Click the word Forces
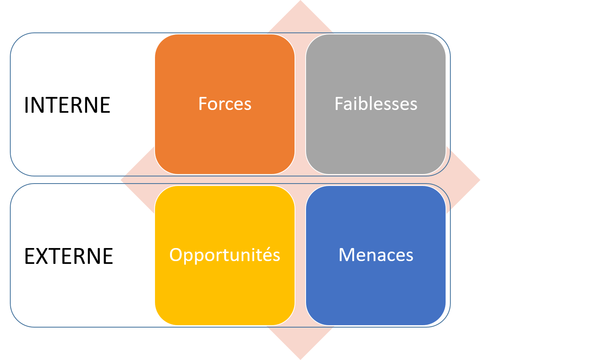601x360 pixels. pos(225,104)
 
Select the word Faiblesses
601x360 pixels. pos(376,104)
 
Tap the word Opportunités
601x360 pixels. pos(225,255)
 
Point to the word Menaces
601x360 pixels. pos(376,255)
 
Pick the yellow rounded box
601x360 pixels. pos(225,293)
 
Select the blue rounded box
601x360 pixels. pos(376,293)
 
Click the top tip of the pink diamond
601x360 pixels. pos(300,3)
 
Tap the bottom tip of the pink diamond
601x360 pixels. pos(300,357)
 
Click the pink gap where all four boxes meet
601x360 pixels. pos(300,180)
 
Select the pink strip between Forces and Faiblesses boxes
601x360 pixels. pos(300,104)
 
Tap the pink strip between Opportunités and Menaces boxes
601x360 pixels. pos(300,255)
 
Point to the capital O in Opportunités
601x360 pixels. pos(176,255)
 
